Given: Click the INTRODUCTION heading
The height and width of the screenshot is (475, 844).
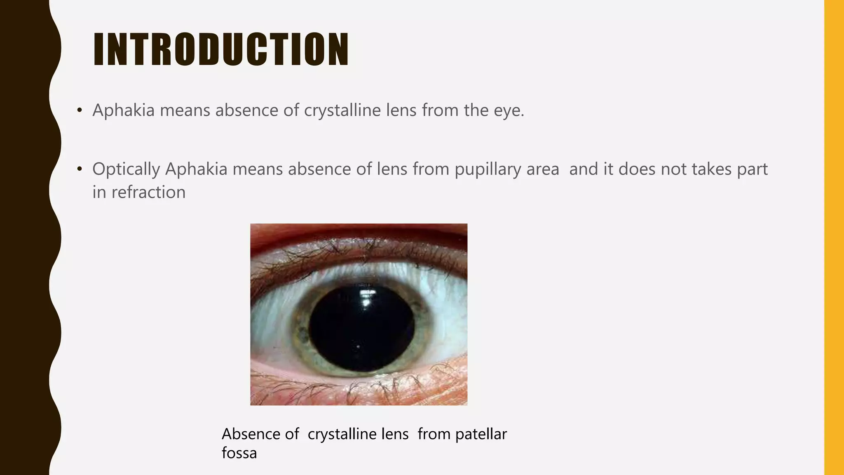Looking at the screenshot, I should [221, 49].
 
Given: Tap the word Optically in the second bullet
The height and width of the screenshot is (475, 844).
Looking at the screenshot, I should [126, 169].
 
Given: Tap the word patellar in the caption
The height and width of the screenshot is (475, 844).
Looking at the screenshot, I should [481, 434].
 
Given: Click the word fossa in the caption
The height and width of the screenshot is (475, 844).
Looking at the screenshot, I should [239, 453].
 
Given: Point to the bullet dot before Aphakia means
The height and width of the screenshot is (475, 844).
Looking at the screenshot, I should [80, 111].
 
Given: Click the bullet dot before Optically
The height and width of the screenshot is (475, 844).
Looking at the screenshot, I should [80, 169].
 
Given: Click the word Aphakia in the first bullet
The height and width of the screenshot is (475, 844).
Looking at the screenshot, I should [123, 111].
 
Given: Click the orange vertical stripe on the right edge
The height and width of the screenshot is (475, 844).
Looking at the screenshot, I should [834, 237].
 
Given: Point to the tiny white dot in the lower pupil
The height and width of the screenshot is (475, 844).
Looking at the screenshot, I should [358, 347].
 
